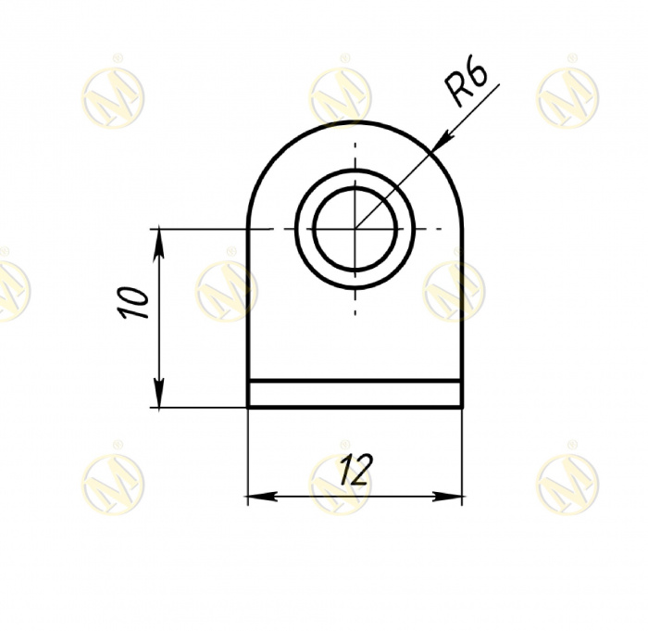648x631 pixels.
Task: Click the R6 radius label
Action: point(467,85)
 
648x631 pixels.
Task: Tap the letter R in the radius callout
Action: point(457,93)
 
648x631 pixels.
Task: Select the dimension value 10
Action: point(133,302)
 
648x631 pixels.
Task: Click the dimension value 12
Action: point(355,469)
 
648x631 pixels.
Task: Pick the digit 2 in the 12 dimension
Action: point(363,469)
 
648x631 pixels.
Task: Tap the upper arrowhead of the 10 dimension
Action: point(158,245)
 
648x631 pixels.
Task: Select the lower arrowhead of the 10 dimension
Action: point(158,392)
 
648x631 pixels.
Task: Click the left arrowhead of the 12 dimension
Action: point(262,496)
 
